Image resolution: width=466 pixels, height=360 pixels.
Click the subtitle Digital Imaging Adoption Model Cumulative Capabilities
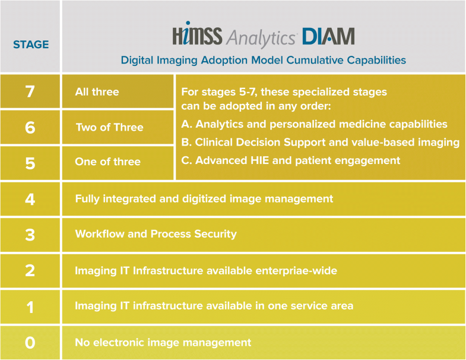(x=263, y=60)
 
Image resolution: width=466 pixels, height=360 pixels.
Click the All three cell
(x=97, y=92)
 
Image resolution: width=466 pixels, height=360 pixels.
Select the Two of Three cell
(x=109, y=128)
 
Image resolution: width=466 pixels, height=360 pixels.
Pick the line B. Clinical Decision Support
(x=319, y=142)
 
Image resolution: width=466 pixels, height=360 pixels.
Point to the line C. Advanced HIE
(x=290, y=160)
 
